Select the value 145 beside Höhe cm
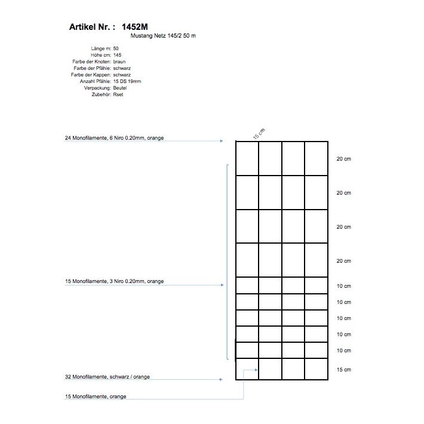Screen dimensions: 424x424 (x=117, y=55)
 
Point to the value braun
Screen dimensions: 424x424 (x=119, y=62)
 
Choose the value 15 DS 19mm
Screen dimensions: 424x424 (x=127, y=81)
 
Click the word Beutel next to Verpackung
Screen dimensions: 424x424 (x=120, y=88)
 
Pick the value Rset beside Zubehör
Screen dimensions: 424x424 (x=118, y=94)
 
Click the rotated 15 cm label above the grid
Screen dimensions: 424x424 (x=259, y=134)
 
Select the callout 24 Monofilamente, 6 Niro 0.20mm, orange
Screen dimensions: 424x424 (x=114, y=138)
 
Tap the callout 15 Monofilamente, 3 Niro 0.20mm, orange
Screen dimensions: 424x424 (x=114, y=281)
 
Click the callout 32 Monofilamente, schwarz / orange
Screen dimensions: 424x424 (x=107, y=377)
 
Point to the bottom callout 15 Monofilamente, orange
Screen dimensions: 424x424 (x=96, y=397)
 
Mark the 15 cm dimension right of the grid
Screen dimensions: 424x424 (x=344, y=370)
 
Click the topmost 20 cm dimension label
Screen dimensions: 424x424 (x=344, y=159)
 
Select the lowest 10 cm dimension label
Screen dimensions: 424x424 (x=344, y=351)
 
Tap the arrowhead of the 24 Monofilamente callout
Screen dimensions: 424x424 (x=222, y=141)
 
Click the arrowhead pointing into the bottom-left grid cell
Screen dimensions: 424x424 (x=256, y=370)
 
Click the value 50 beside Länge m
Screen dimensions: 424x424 (x=116, y=48)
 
